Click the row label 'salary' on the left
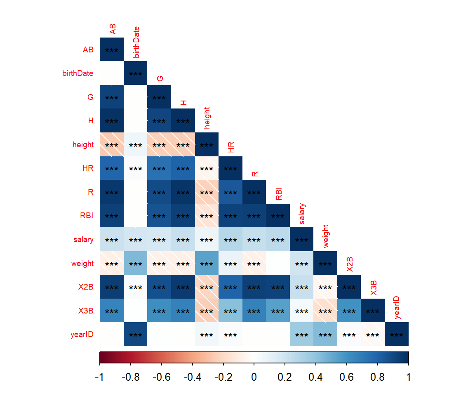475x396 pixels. (x=84, y=240)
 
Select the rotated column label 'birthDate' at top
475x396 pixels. (x=136, y=42)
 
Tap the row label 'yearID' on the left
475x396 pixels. (x=82, y=335)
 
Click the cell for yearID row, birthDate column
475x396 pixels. (x=135, y=335)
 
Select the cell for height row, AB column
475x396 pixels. (x=111, y=145)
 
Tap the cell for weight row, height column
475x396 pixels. (x=207, y=264)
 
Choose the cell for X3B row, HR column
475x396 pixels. (x=230, y=311)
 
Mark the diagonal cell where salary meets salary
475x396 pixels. (x=302, y=240)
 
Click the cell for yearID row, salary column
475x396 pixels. (x=302, y=335)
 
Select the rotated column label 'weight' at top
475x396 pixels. (x=326, y=236)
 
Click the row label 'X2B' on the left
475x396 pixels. (x=86, y=287)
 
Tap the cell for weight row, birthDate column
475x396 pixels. (x=135, y=264)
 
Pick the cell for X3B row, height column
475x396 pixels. (x=207, y=311)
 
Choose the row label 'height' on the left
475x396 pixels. (x=83, y=145)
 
